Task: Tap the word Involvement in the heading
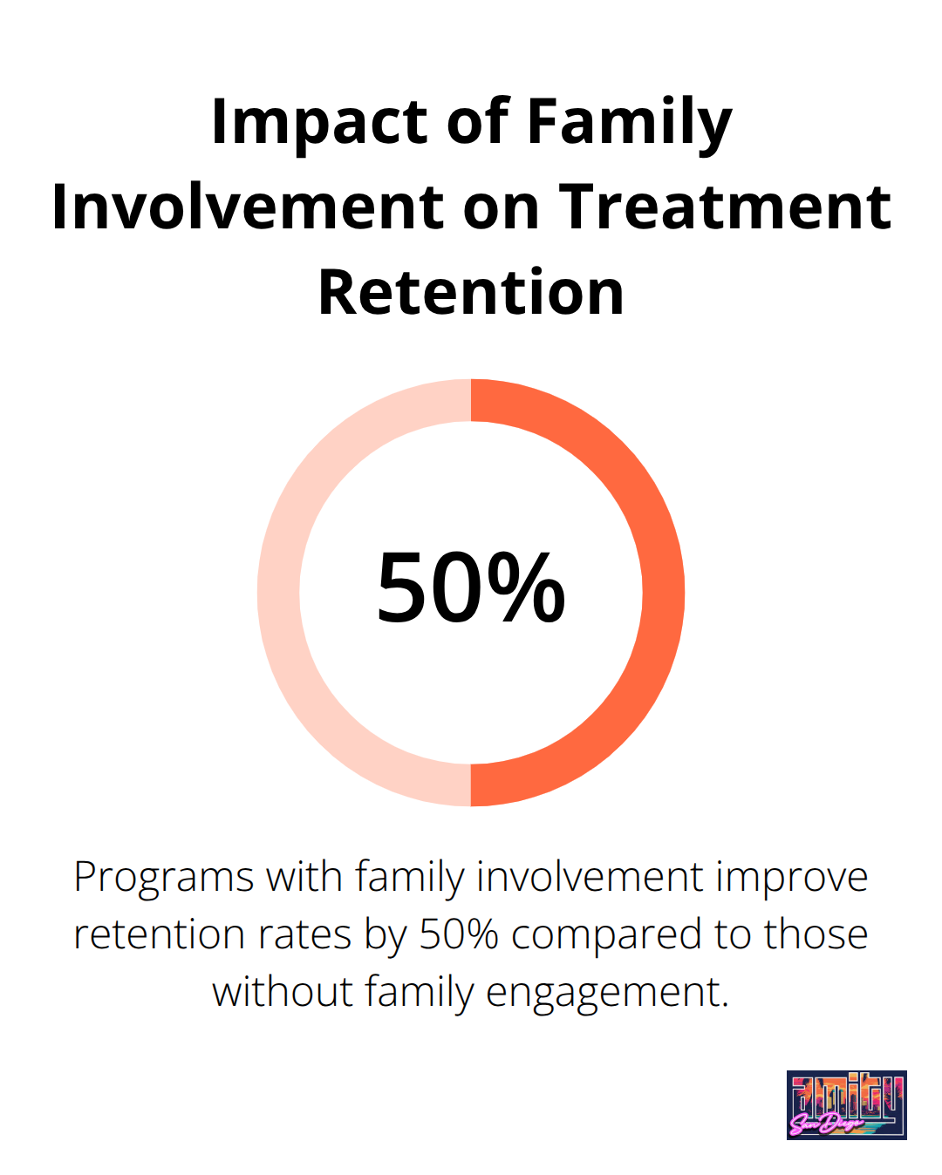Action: tap(248, 207)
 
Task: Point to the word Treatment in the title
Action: tap(725, 207)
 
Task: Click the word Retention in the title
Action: tap(471, 293)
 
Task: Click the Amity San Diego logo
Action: tap(846, 1105)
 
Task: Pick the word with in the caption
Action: tap(304, 878)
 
